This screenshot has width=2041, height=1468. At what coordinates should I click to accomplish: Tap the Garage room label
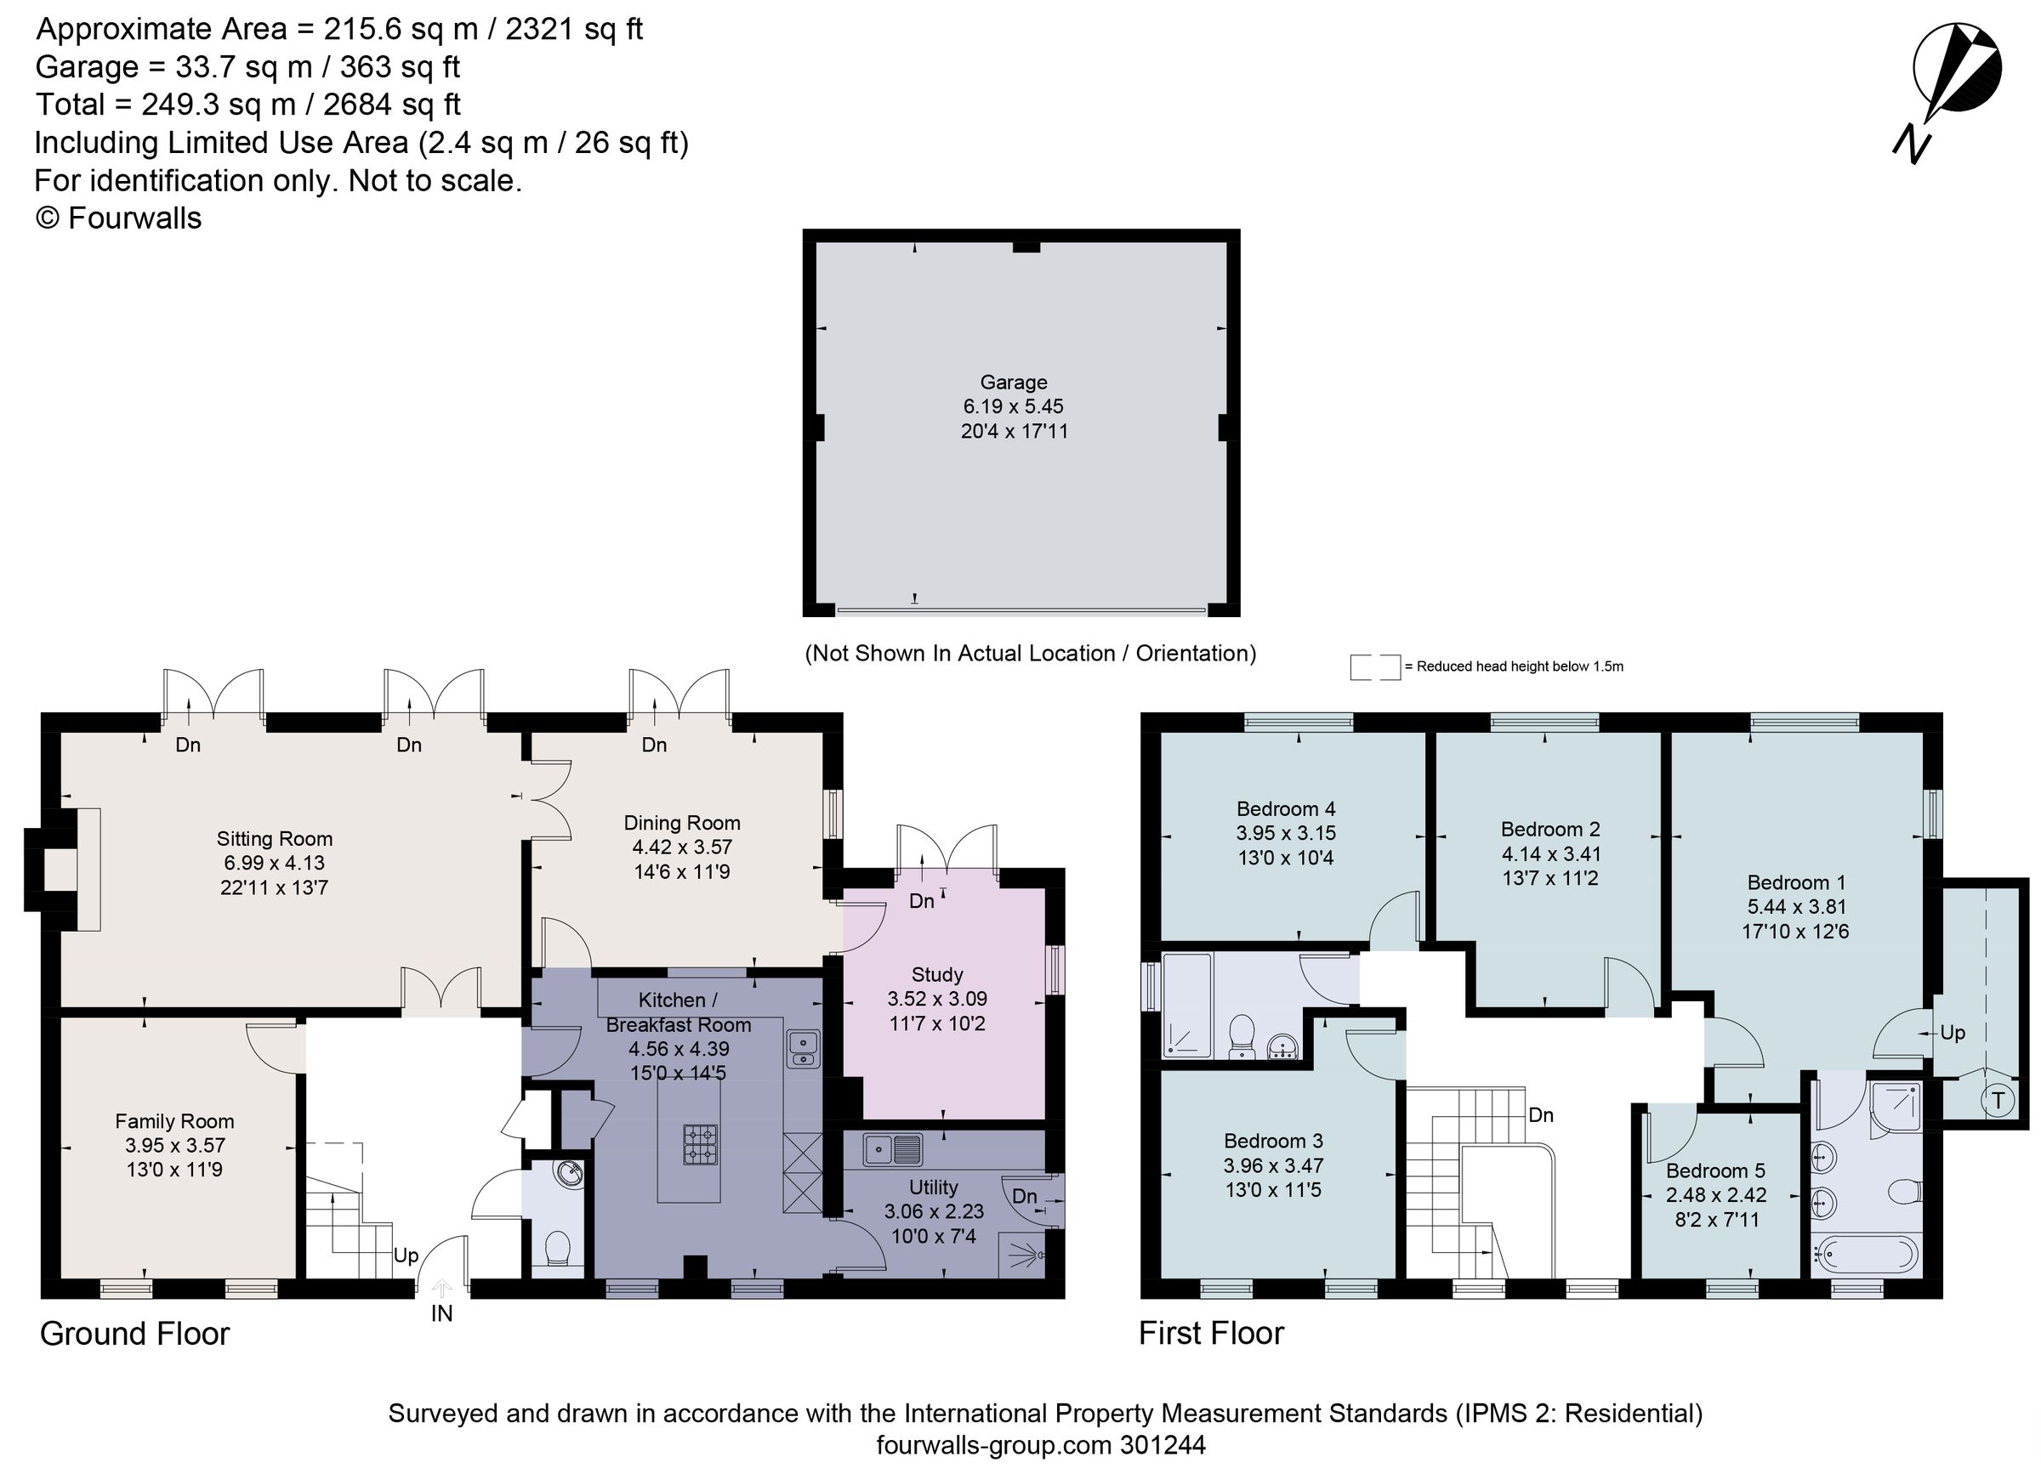[x=1014, y=383]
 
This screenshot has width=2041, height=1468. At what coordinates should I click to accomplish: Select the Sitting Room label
[x=275, y=839]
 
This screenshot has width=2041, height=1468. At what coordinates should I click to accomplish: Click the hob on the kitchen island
[x=701, y=1143]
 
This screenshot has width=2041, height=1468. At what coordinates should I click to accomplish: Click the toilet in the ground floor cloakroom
[x=558, y=1249]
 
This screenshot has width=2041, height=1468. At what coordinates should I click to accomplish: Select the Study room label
[x=938, y=975]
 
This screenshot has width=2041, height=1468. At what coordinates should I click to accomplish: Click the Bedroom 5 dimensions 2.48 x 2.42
[x=1716, y=1195]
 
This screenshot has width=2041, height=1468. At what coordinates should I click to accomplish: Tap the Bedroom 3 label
[x=1273, y=1142]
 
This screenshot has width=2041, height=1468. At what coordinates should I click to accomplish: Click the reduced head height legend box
[x=1375, y=666]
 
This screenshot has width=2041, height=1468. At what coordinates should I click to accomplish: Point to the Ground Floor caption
[x=135, y=1333]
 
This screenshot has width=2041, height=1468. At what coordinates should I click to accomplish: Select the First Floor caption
[x=1211, y=1333]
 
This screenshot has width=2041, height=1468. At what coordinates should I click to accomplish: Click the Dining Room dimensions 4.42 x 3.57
[x=682, y=847]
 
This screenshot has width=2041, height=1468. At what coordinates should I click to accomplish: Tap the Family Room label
[x=174, y=1122]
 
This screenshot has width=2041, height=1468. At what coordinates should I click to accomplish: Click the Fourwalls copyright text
[x=118, y=218]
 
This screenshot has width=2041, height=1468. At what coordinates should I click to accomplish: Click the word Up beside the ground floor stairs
[x=406, y=1255]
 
